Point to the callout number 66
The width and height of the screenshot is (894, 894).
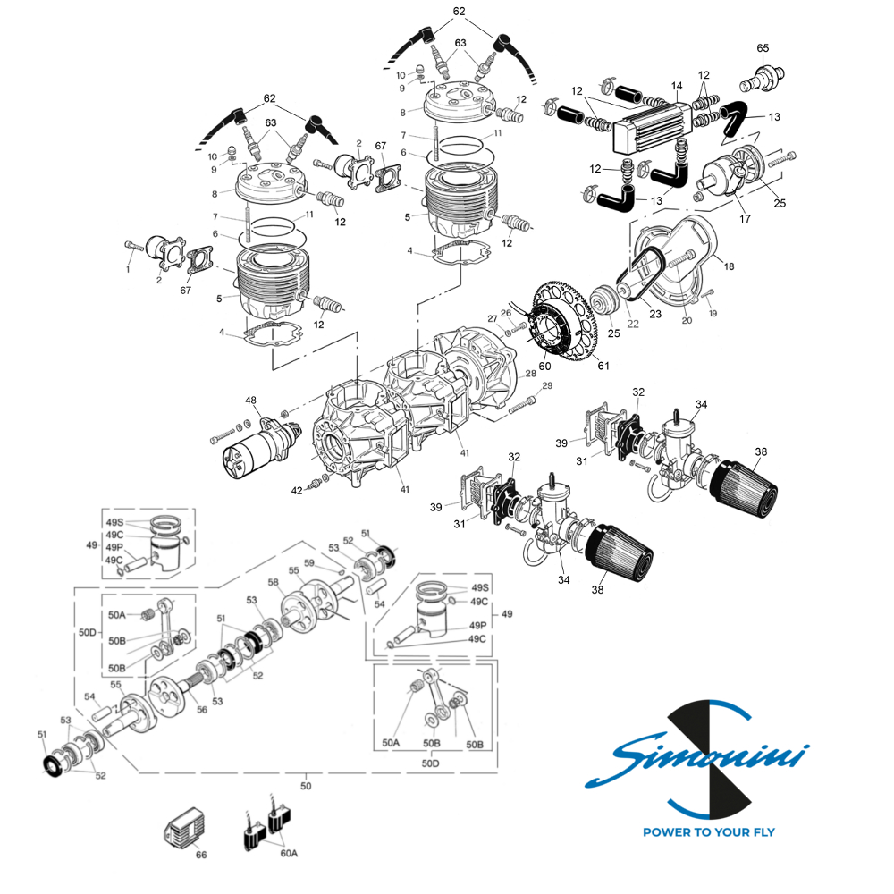coord(201,855)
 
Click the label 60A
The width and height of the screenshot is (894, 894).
coord(288,853)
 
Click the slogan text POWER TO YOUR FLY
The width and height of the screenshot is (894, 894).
coord(709,832)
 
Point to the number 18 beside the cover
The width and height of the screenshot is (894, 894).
coord(728,266)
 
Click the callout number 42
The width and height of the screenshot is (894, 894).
coord(297,490)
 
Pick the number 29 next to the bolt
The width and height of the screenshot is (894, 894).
coord(547,385)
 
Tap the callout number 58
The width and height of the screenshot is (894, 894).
coord(274,582)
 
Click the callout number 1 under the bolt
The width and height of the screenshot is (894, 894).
coord(128,268)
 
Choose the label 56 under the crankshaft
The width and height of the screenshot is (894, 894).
coord(202,709)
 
